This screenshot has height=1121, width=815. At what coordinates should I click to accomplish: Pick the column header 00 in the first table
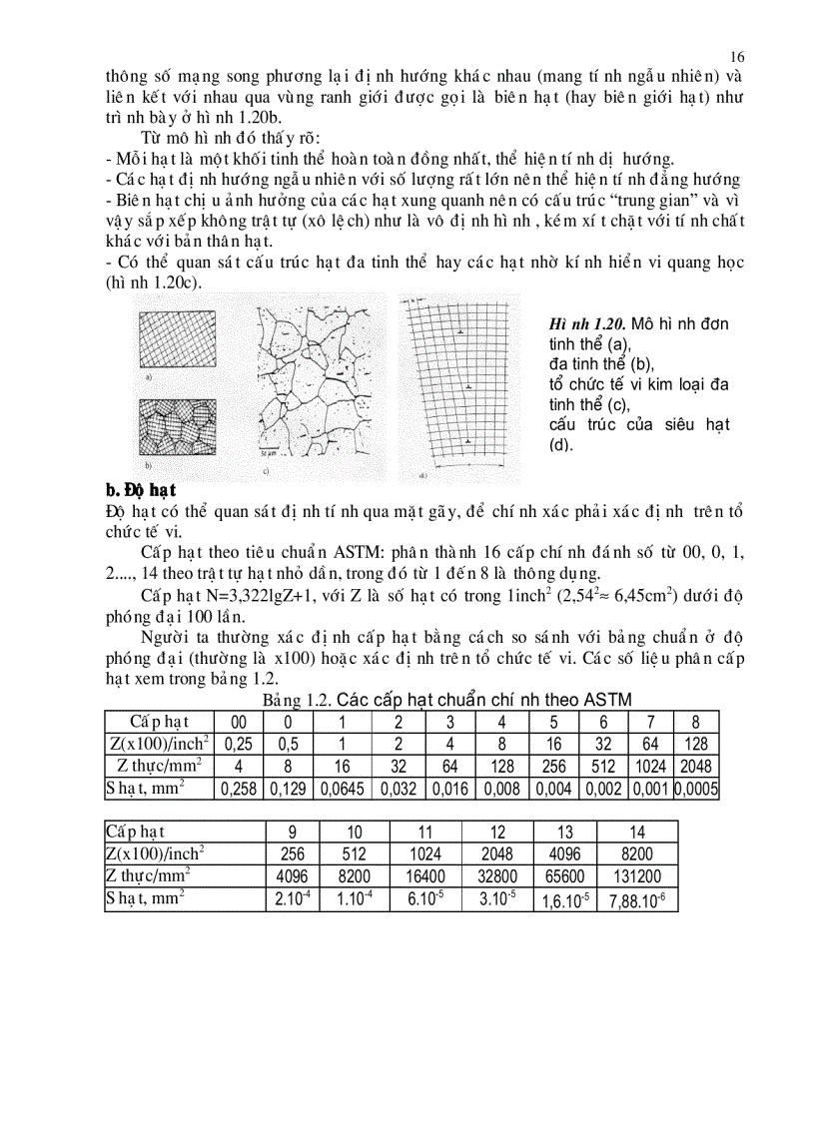[238, 722]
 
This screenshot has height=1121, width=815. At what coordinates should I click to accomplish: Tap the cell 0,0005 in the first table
[697, 789]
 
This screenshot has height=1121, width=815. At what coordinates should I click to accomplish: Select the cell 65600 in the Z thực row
[565, 875]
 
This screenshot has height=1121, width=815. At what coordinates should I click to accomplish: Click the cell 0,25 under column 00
[238, 744]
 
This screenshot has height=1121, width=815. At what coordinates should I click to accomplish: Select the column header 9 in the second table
[296, 831]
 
